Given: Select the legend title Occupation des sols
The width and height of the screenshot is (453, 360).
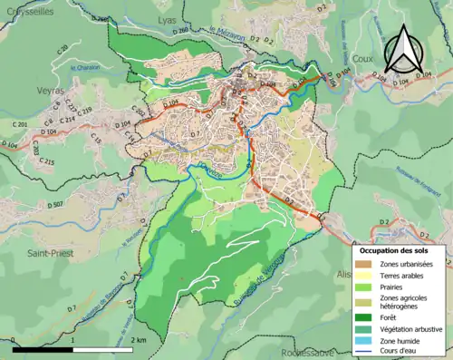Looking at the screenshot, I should click(x=401, y=250).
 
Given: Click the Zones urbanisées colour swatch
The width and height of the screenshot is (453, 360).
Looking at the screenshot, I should click(x=364, y=265).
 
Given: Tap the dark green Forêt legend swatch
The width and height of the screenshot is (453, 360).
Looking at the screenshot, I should click(x=364, y=316).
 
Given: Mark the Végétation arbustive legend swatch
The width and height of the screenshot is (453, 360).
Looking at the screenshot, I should click(x=364, y=329).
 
